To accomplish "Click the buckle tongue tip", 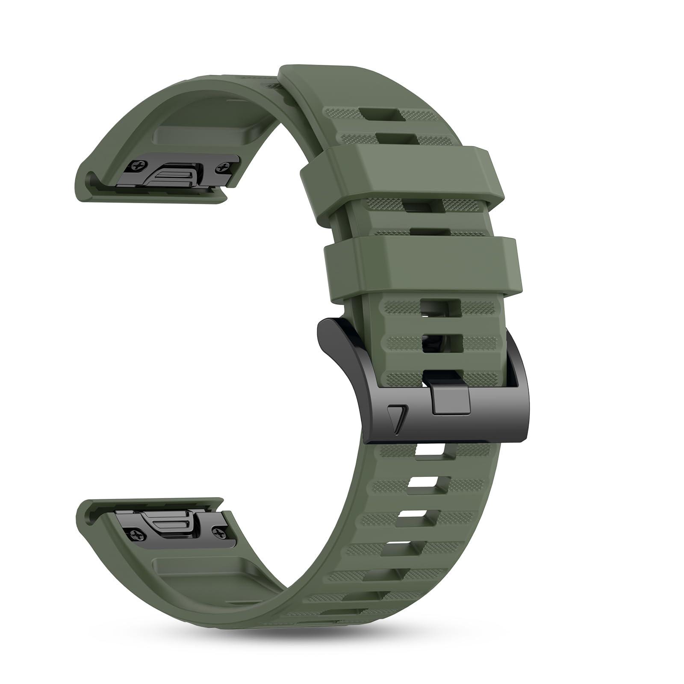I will [451, 402].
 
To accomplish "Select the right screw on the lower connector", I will [221, 533].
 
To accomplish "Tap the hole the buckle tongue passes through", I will [442, 376].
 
